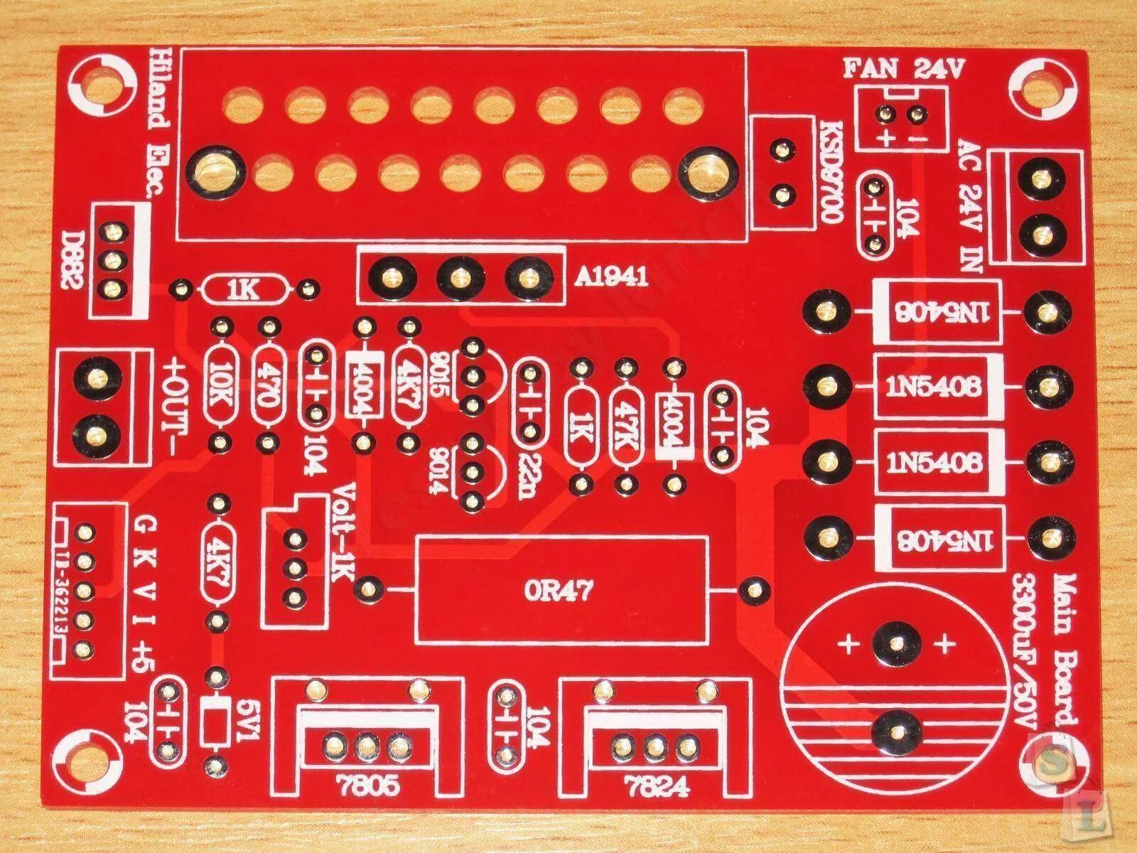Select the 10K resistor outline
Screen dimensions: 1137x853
click(222, 385)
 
